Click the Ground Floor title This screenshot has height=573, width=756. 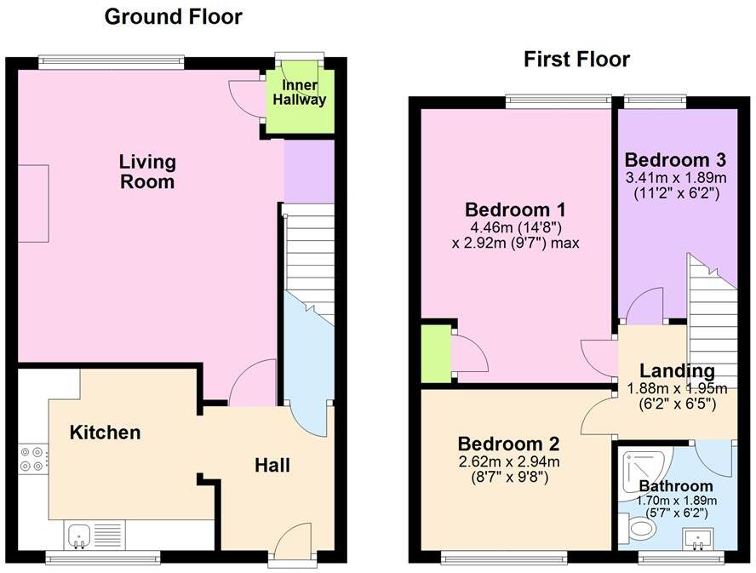tap(173, 17)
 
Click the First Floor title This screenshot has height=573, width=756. tap(576, 60)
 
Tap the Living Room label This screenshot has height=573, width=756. tap(147, 171)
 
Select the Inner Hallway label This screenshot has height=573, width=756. tap(299, 93)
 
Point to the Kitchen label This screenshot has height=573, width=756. tap(105, 433)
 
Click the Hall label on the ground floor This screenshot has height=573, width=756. tap(272, 466)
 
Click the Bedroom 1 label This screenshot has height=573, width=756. tap(515, 210)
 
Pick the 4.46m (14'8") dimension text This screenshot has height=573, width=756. tap(515, 227)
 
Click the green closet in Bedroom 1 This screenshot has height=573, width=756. tap(435, 352)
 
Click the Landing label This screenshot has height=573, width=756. tap(677, 371)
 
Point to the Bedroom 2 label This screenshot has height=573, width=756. tap(508, 444)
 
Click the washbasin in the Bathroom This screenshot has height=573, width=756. tap(697, 537)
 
